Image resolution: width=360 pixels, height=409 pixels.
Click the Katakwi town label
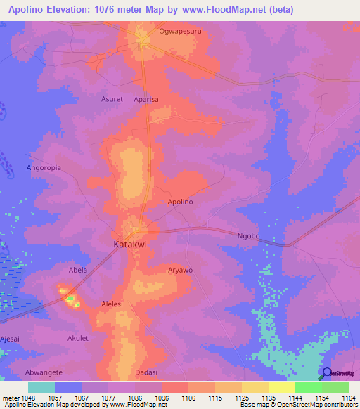[129, 245]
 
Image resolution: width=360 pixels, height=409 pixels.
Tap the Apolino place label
[180, 202]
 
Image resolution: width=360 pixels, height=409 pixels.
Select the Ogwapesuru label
[179, 32]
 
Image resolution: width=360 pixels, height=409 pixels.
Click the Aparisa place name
[146, 100]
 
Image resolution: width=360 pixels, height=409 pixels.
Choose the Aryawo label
[181, 270]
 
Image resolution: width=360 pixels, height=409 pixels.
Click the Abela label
[77, 270]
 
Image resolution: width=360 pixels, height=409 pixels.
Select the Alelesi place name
[112, 304]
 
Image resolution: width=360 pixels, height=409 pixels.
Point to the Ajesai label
[11, 318]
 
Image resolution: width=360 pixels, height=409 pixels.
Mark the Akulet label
[77, 338]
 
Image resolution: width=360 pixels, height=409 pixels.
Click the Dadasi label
[146, 372]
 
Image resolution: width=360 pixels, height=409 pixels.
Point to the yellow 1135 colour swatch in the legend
[255, 387]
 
